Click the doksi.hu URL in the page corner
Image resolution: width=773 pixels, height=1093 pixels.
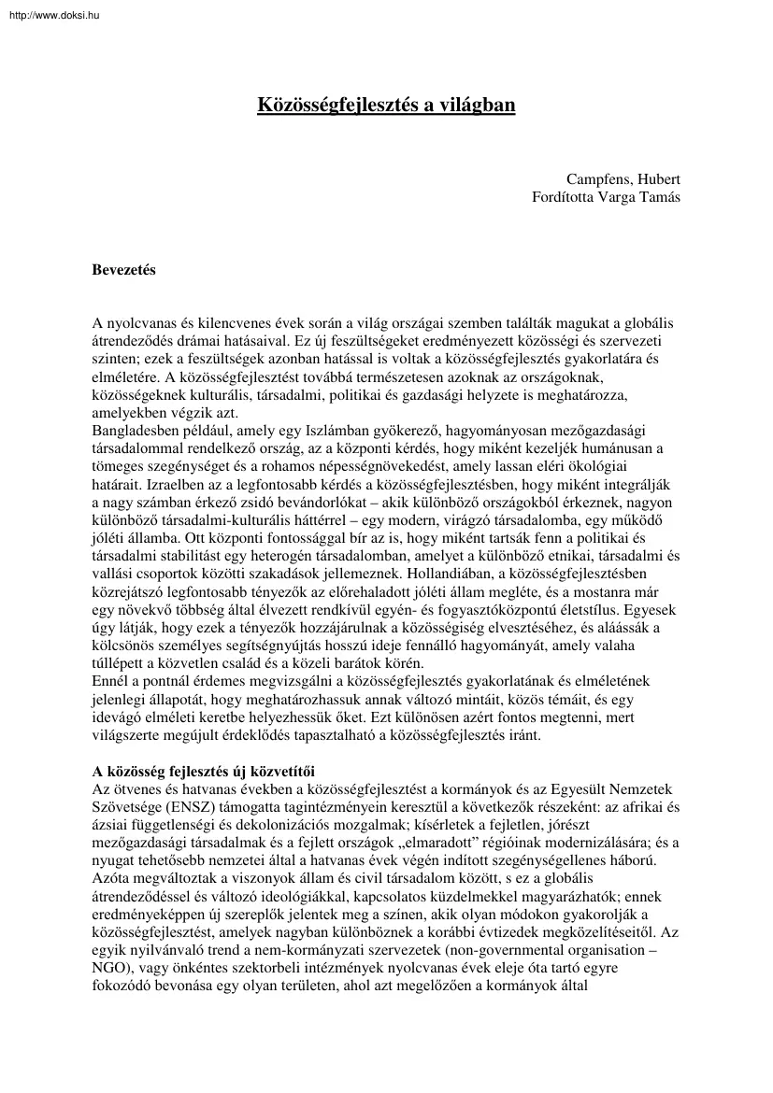click(46, 9)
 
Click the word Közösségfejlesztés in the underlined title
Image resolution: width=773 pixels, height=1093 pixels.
click(333, 106)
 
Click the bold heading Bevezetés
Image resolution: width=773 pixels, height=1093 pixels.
click(123, 271)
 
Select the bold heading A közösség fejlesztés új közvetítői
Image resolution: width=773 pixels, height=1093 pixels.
click(203, 771)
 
